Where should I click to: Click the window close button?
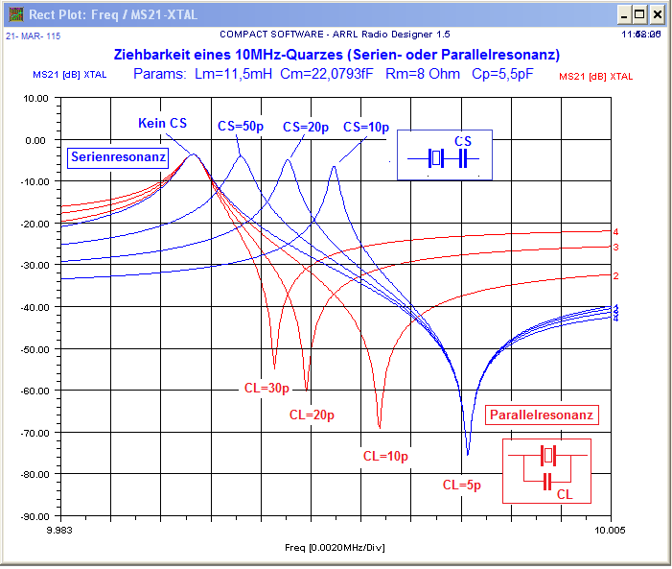[657, 14]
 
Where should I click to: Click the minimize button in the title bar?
[624, 14]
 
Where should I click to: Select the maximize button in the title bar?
[640, 14]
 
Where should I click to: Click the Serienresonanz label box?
[118, 156]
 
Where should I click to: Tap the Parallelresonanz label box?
[543, 415]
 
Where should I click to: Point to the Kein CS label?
[162, 124]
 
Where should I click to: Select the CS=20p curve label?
[306, 127]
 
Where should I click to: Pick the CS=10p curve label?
[365, 127]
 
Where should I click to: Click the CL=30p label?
[266, 389]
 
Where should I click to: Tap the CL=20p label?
[311, 415]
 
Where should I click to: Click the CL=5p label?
[461, 485]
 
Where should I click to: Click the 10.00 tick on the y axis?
[35, 98]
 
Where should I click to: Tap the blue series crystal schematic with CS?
[445, 155]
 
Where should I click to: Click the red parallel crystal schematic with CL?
[547, 469]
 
